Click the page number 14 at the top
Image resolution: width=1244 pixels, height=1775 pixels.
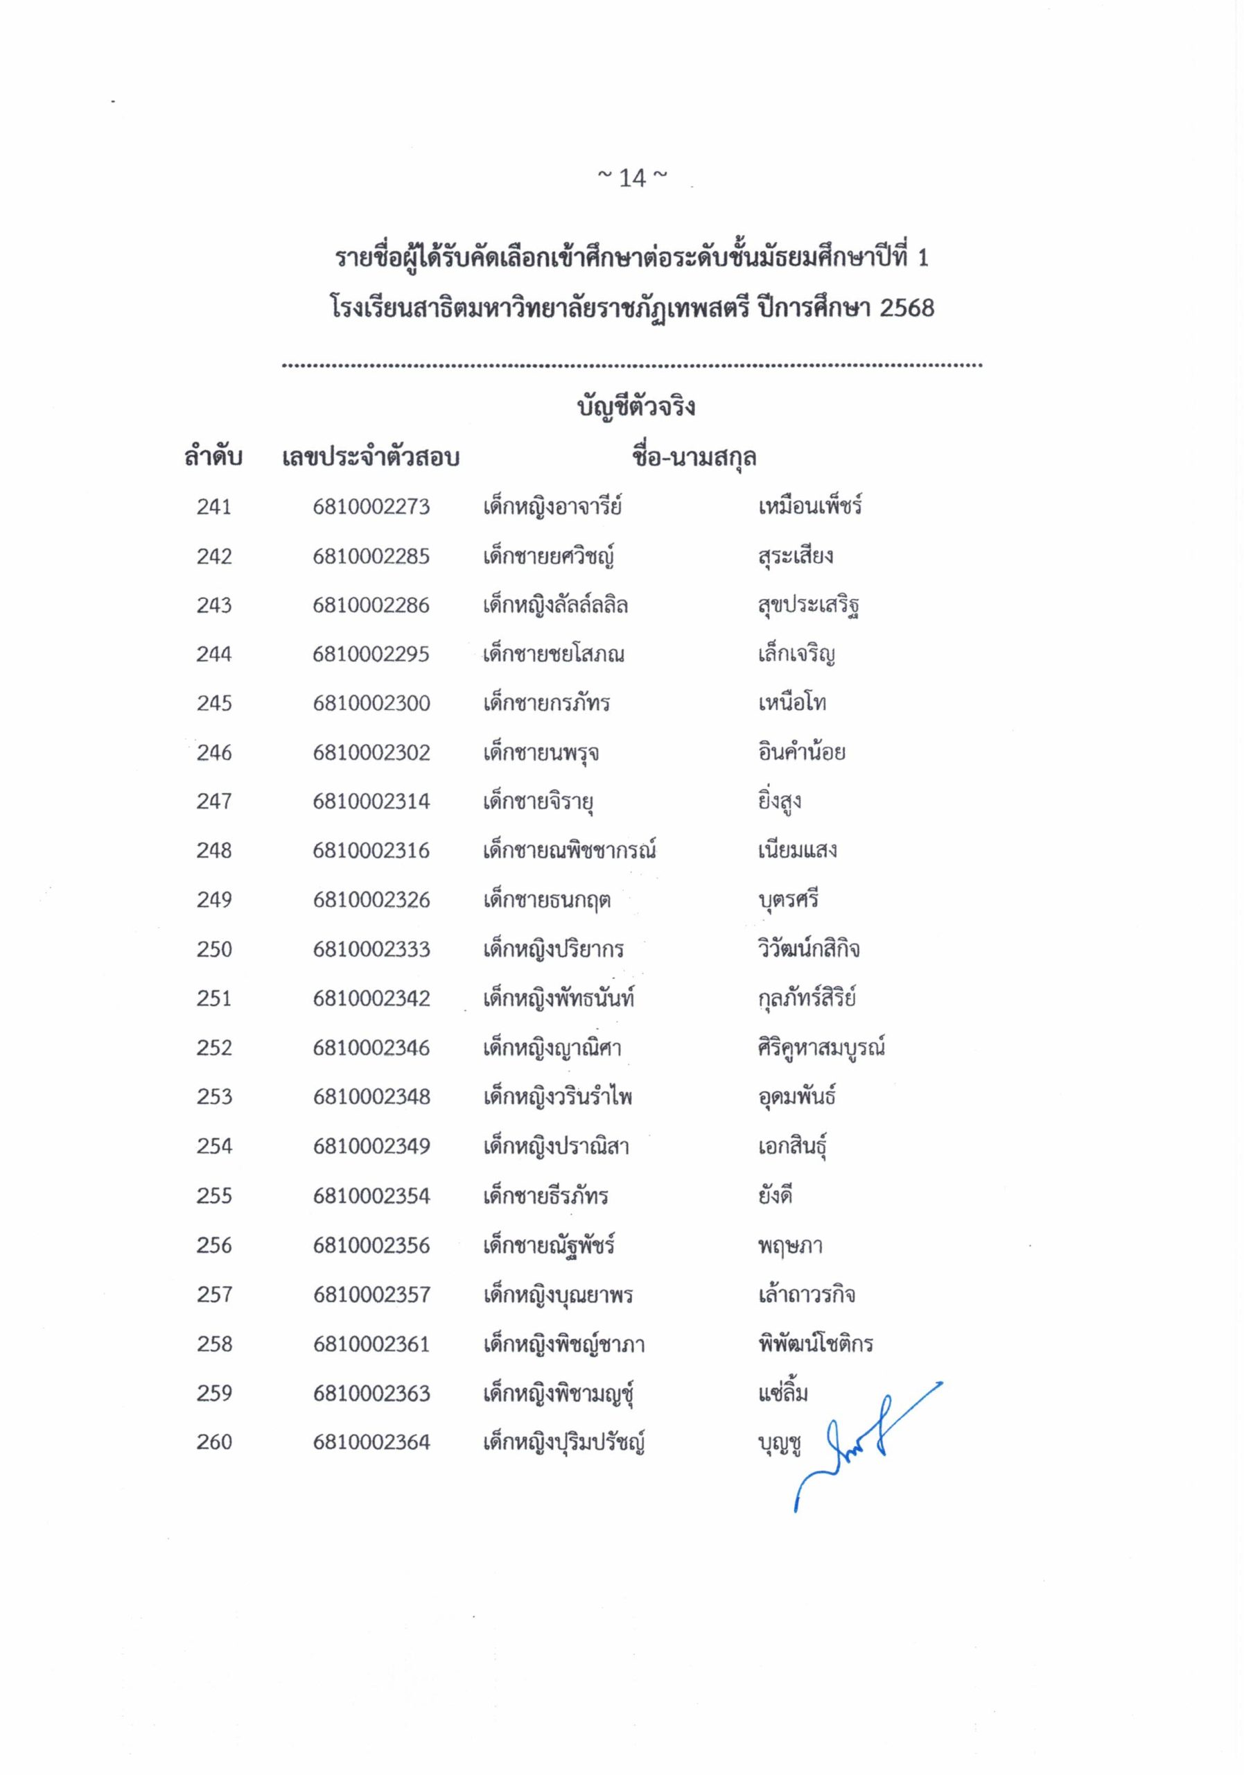click(x=632, y=179)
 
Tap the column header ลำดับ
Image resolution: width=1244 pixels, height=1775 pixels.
click(x=213, y=457)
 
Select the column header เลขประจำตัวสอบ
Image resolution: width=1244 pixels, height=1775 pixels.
click(x=371, y=458)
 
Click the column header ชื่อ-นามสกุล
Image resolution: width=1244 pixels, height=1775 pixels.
click(x=693, y=458)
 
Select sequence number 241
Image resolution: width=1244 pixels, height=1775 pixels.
click(x=214, y=507)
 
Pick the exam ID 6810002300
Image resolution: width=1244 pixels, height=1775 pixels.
click(x=371, y=704)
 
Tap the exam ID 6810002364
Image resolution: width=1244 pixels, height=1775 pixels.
click(x=371, y=1443)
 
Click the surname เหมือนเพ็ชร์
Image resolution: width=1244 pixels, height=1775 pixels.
click(x=809, y=507)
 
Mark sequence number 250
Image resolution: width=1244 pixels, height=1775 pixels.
click(x=214, y=949)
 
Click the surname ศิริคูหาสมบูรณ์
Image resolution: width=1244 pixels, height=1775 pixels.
click(x=821, y=1048)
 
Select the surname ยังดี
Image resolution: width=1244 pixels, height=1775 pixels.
click(x=776, y=1196)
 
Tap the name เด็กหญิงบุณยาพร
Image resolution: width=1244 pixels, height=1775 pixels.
click(x=558, y=1295)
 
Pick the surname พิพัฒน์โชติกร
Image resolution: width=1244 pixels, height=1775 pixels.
click(x=815, y=1344)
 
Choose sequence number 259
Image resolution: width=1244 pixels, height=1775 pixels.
click(x=214, y=1393)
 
